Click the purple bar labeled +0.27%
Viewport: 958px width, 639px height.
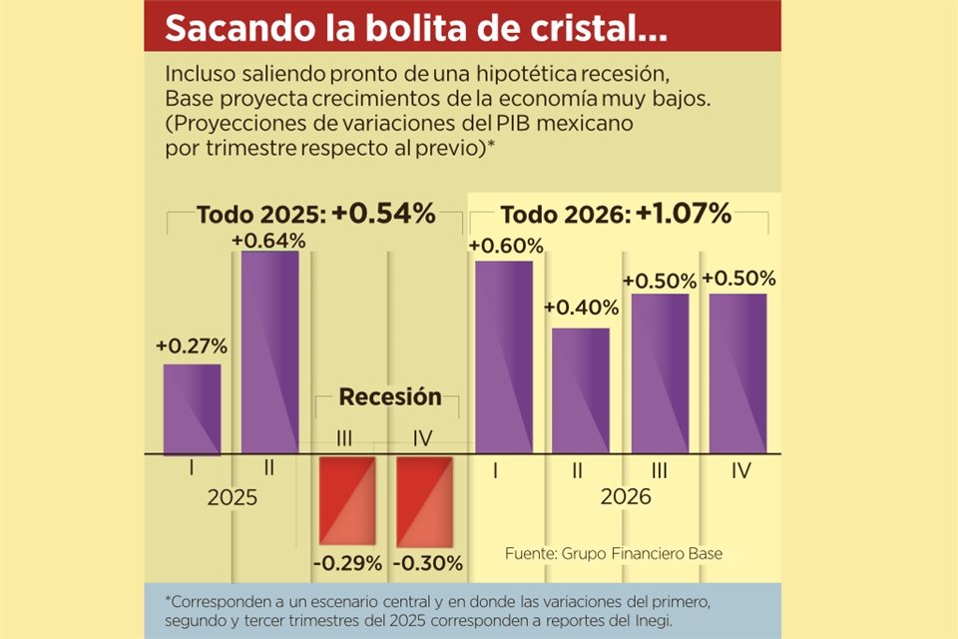point(192,408)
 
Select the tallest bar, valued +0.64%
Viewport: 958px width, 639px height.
point(270,352)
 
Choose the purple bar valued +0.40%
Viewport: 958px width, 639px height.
point(581,390)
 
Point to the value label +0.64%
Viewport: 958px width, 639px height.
point(268,240)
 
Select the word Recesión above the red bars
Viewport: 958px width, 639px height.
point(389,396)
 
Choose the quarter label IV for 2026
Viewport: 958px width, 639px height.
point(738,469)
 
